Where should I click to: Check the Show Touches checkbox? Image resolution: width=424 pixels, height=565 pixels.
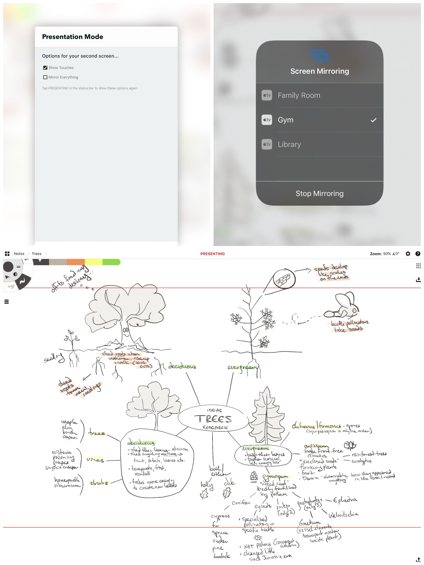(45, 68)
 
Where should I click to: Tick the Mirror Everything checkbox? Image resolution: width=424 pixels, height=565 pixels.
(45, 77)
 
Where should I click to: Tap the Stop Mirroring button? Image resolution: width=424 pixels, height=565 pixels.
(319, 193)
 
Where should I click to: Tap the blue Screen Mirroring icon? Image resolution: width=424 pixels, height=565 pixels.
(319, 55)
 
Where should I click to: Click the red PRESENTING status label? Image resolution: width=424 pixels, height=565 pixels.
(212, 254)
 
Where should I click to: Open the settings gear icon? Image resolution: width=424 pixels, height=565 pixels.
(408, 254)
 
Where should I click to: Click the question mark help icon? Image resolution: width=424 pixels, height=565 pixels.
(418, 254)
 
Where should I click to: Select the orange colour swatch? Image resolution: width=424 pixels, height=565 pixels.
(76, 262)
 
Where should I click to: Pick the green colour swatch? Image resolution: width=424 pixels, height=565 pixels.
(111, 262)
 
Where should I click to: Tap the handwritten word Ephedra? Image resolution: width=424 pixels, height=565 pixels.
(345, 500)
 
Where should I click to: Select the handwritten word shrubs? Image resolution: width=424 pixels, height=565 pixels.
(99, 483)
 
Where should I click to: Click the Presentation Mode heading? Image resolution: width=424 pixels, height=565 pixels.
(73, 37)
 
